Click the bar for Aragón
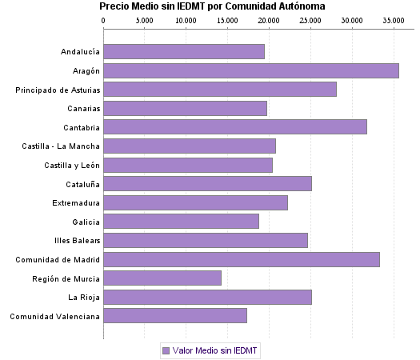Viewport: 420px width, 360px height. [250, 70]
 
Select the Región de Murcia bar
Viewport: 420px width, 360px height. [162, 278]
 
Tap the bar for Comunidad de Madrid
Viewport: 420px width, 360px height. [241, 259]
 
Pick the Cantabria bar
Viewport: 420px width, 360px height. [234, 126]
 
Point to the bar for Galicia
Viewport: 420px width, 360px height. [181, 222]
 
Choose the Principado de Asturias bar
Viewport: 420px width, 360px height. [219, 89]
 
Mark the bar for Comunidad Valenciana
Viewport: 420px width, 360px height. [174, 316]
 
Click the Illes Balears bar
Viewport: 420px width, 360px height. [205, 240]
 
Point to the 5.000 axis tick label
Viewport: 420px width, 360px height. [144, 19]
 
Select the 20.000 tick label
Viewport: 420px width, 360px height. [269, 19]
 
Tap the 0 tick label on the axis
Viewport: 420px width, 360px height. [103, 19]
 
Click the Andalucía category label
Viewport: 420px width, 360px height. [80, 52]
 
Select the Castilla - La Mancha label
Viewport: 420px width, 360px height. [62, 146]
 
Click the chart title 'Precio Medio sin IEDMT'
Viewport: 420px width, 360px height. [212, 6]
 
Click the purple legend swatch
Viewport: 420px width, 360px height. [166, 350]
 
